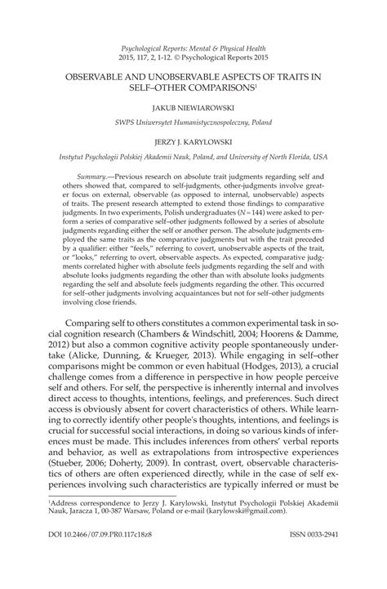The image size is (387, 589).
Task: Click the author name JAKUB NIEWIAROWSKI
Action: click(193, 106)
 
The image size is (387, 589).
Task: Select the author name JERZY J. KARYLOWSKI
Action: click(193, 141)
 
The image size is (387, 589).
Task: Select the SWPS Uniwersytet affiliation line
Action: click(193, 123)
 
